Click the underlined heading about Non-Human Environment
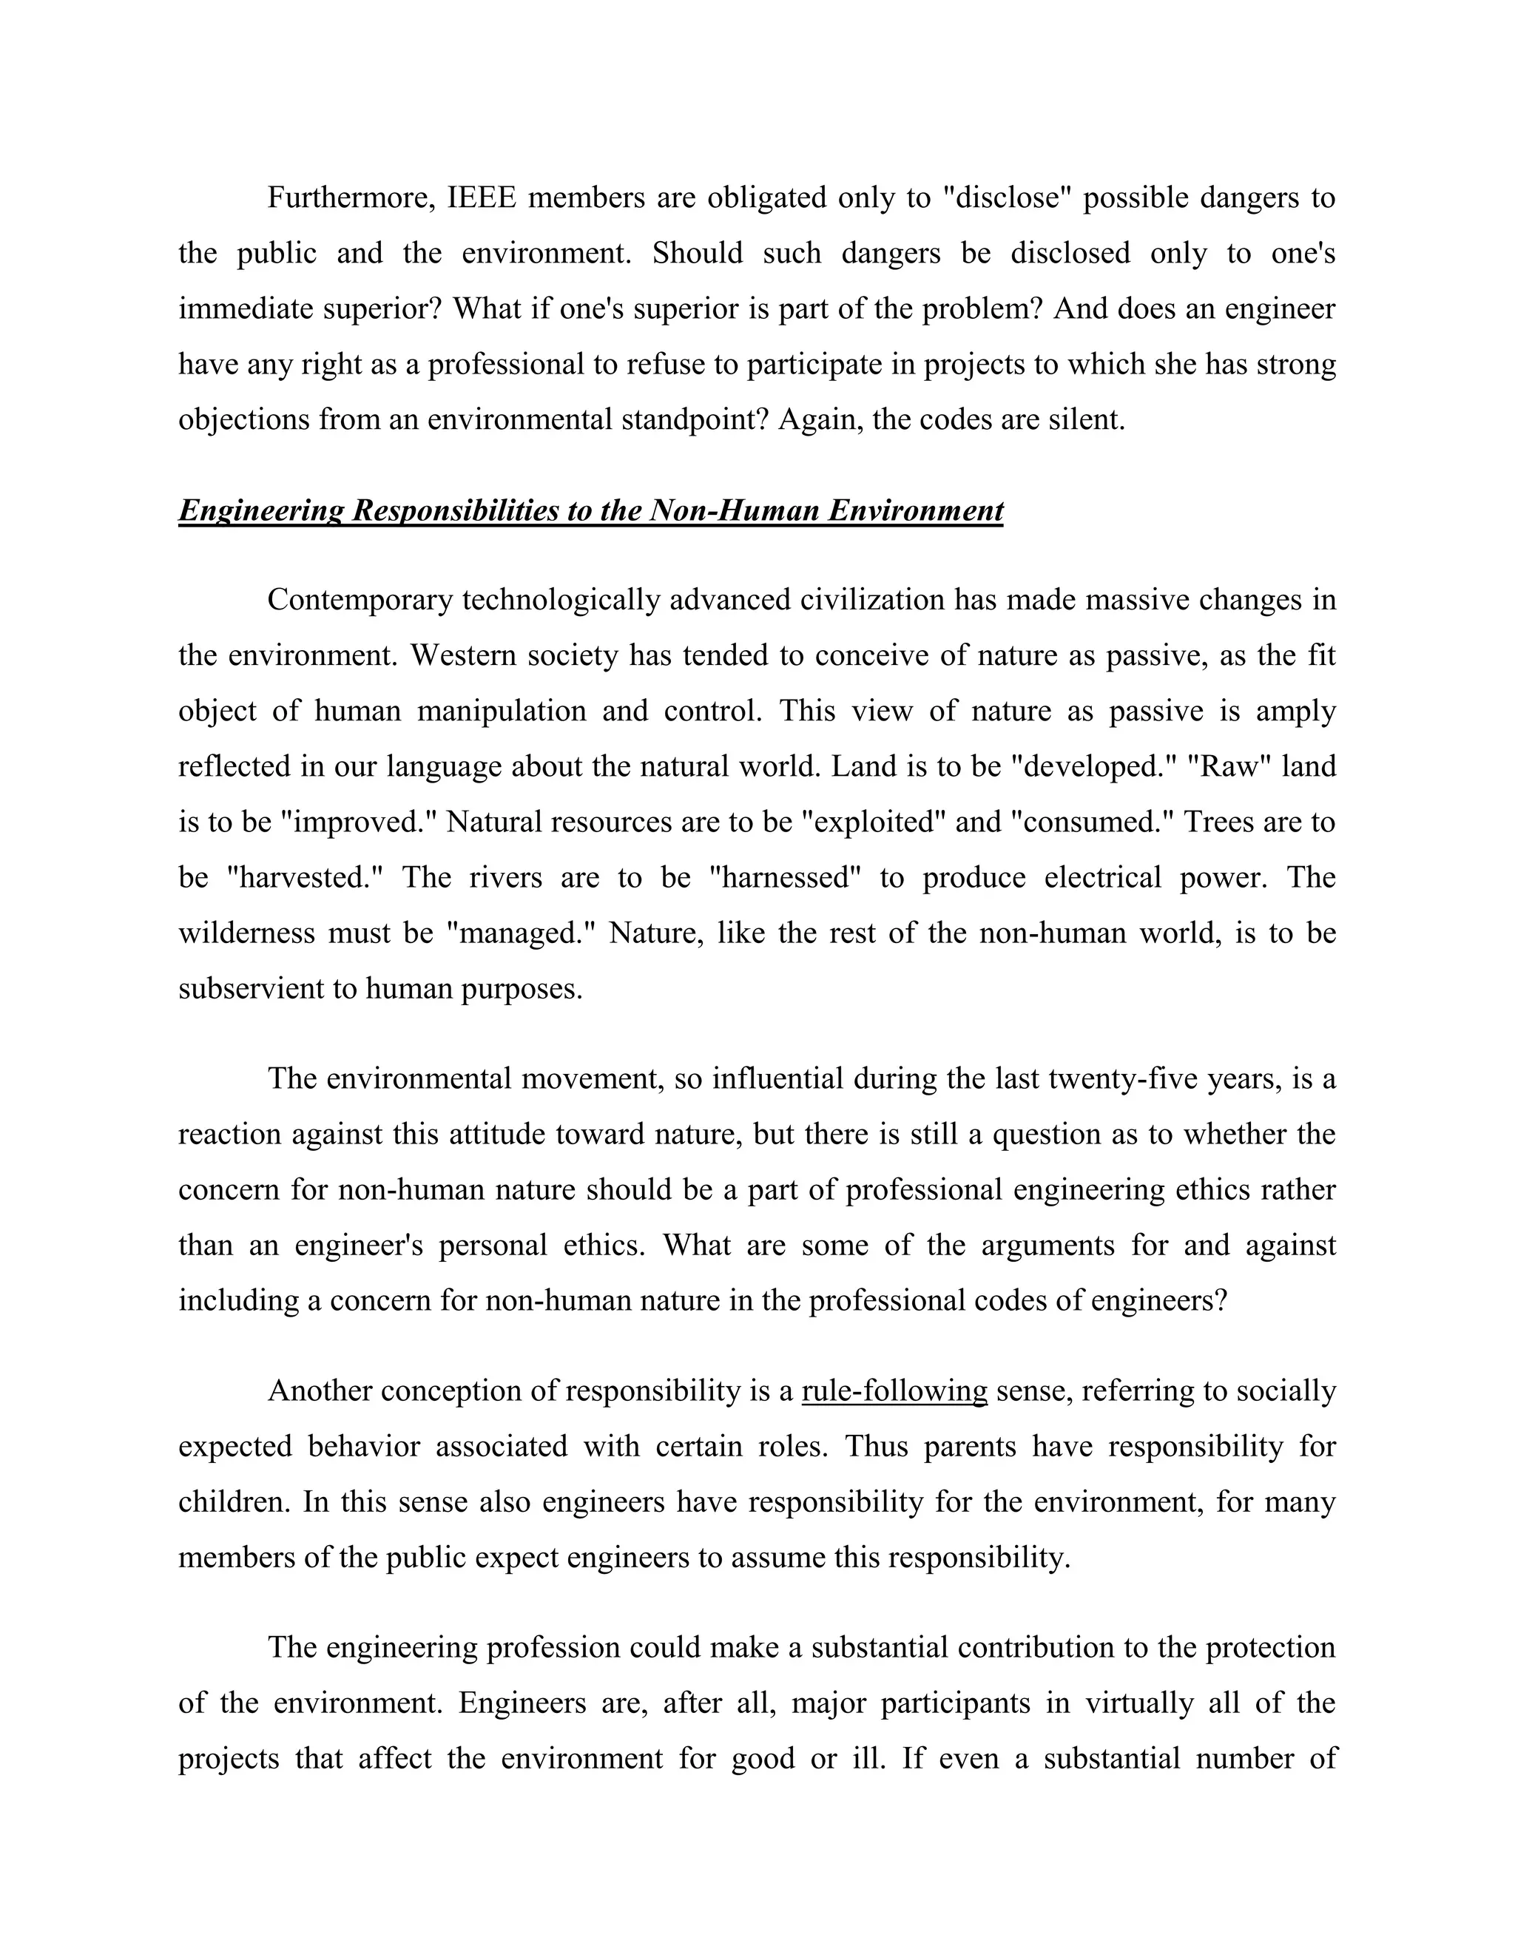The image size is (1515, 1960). coord(590,510)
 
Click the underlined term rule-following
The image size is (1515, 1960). coord(894,1390)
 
